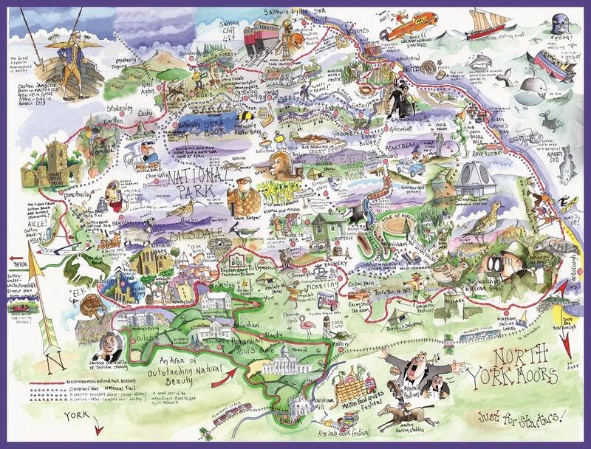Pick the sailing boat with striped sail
point(492,23)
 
